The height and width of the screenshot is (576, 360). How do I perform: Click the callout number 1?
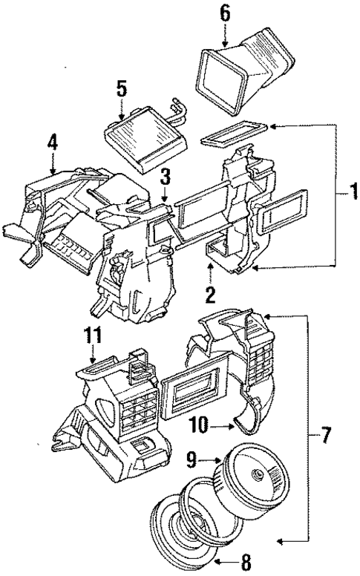(x=347, y=194)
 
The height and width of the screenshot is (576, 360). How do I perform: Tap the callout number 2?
(x=211, y=295)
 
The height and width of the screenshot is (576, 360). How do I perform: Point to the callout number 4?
(x=51, y=141)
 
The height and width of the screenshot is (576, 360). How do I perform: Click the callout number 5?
(x=122, y=89)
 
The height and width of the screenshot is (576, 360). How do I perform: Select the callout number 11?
(x=91, y=335)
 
